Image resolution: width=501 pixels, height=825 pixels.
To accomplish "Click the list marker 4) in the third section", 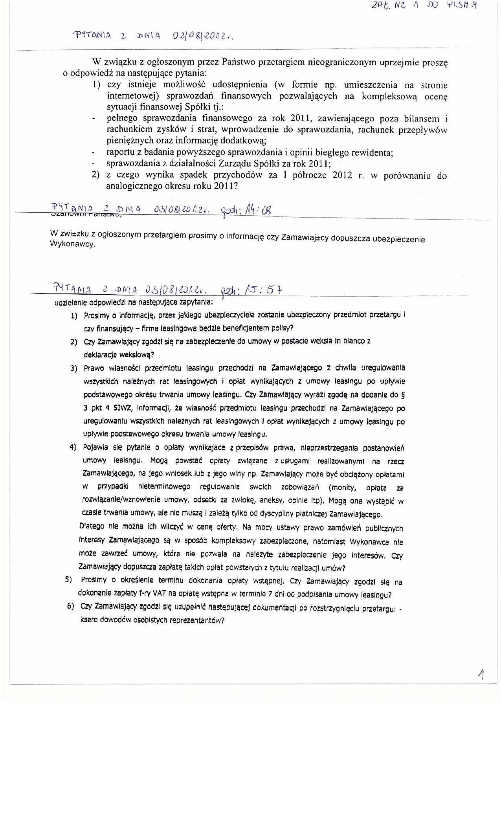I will [73, 448].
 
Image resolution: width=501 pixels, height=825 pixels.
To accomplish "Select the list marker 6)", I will [71, 606].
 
